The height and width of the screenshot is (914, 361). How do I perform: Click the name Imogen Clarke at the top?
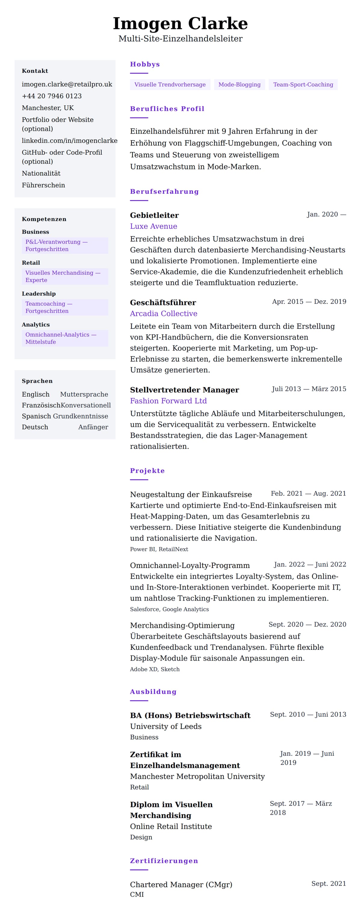[180, 23]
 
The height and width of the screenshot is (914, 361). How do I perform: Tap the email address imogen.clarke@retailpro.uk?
[67, 84]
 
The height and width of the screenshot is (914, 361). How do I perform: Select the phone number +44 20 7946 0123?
[52, 96]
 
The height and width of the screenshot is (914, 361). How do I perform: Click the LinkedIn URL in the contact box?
[69, 140]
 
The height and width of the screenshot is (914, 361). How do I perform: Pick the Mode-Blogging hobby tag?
[239, 85]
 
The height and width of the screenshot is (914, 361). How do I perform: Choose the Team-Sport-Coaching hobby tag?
[303, 85]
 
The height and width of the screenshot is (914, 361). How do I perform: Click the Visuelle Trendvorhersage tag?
[170, 85]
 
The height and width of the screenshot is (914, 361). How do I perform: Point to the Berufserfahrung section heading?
[164, 192]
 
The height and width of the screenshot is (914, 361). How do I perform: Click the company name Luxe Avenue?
[153, 226]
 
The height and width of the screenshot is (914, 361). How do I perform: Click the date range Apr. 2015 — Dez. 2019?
[309, 301]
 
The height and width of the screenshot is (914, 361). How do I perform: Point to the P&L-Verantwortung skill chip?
[65, 245]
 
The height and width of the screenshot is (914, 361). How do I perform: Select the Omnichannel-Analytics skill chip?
[65, 338]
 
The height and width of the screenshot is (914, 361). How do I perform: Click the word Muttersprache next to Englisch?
[84, 394]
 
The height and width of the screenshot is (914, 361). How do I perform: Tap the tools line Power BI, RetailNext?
[159, 549]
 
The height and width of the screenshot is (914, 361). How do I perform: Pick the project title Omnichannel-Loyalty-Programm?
[190, 565]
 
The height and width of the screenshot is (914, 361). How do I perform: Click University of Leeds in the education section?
[165, 726]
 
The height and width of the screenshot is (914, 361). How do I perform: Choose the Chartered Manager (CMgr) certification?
[181, 885]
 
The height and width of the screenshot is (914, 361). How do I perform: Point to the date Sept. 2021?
[329, 884]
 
